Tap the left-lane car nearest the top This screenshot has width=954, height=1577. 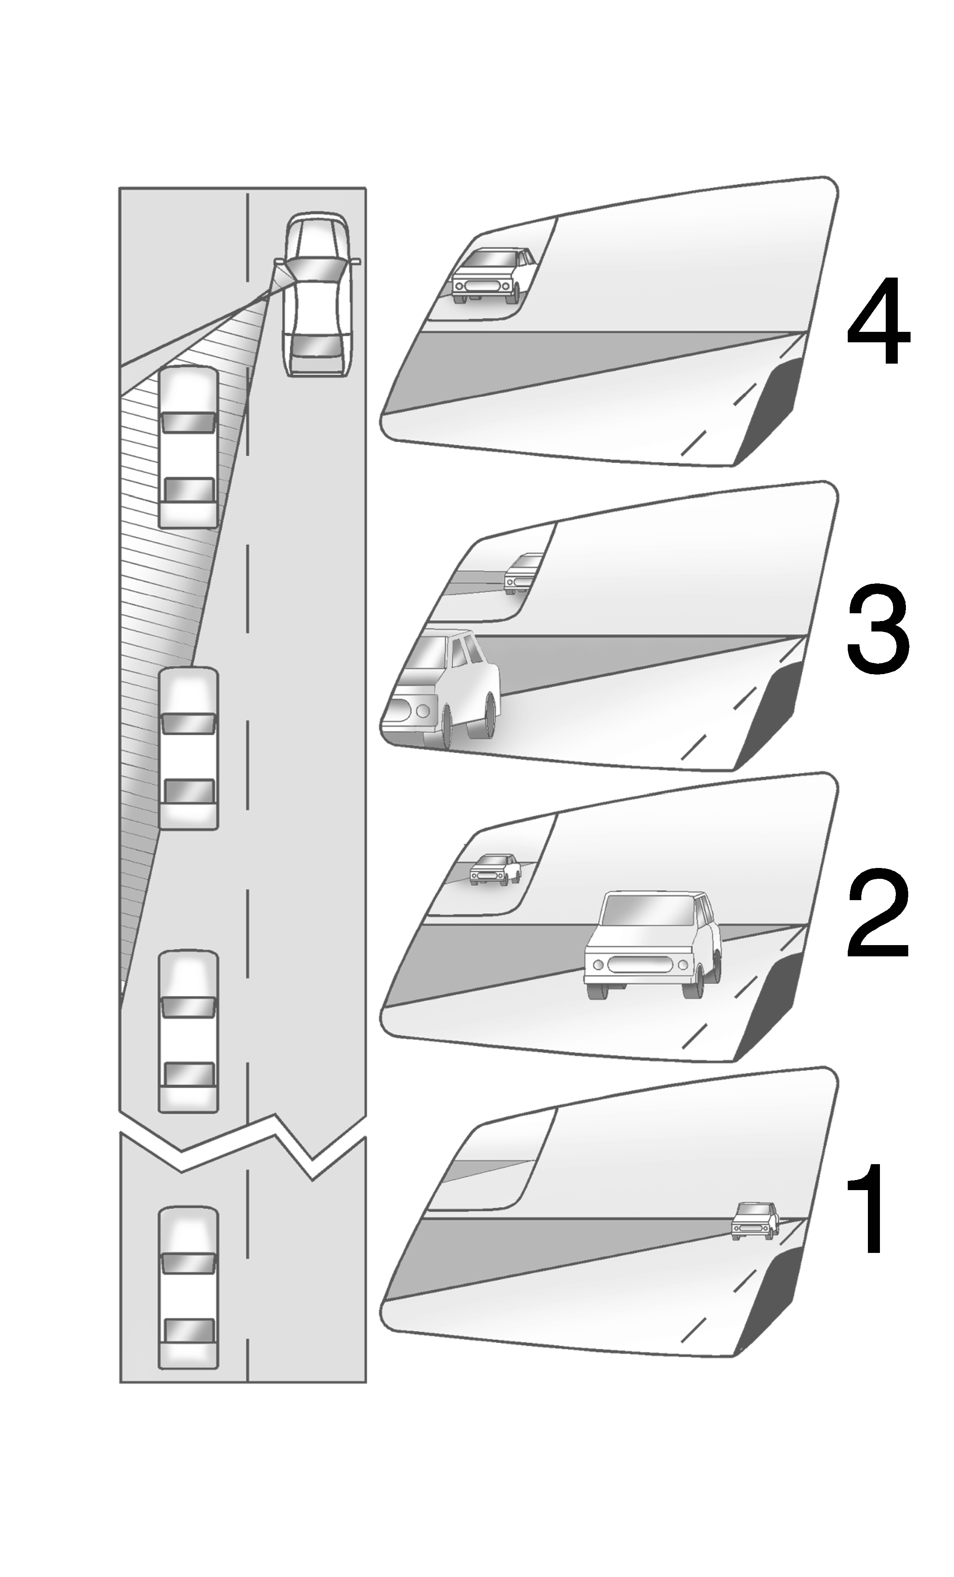tap(188, 447)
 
